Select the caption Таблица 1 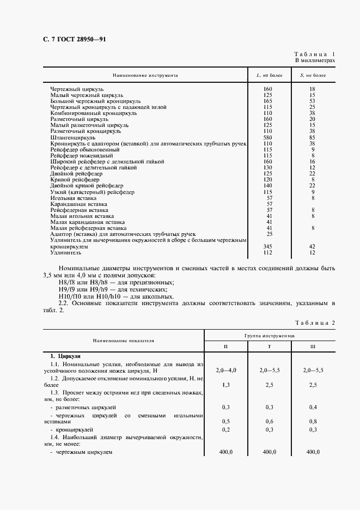point(314,54)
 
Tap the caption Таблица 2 point(314,323)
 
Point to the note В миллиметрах point(315,61)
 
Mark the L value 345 point(267,247)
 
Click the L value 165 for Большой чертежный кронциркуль point(267,101)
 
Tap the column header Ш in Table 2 point(312,347)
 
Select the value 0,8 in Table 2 point(313,421)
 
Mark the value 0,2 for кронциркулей point(225,430)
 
